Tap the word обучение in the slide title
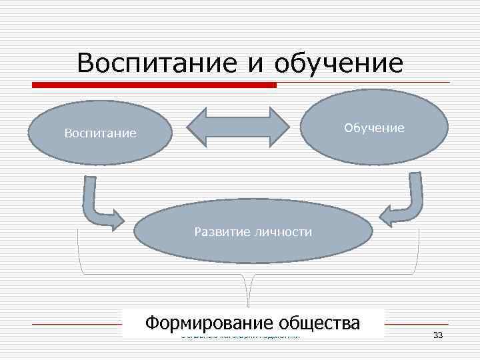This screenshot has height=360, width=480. pyautogui.click(x=339, y=64)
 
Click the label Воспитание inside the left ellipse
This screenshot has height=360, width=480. pyautogui.click(x=101, y=133)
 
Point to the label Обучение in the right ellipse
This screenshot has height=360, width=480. pyautogui.click(x=374, y=127)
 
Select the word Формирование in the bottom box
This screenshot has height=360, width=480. pyautogui.click(x=209, y=323)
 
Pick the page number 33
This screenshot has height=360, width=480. pyautogui.click(x=438, y=335)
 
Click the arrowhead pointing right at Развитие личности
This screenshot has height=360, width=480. pyautogui.click(x=118, y=219)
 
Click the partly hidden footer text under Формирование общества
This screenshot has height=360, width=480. pyautogui.click(x=240, y=336)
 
